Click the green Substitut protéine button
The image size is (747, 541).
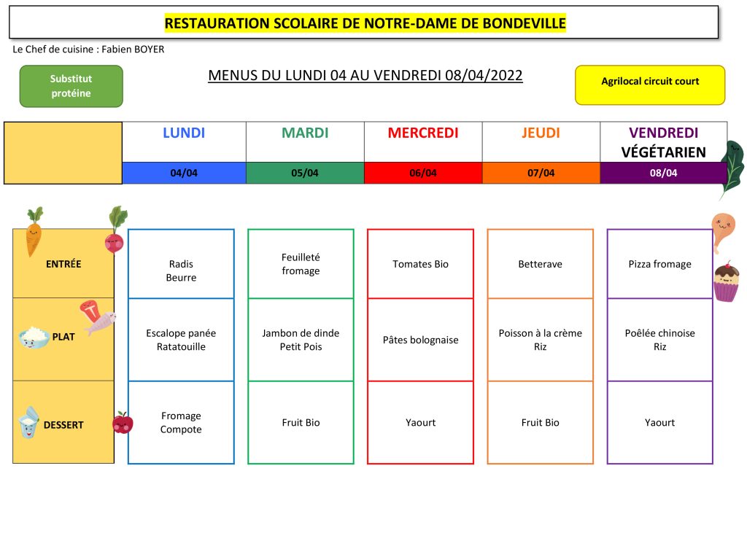(x=71, y=86)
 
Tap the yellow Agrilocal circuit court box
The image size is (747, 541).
(x=650, y=85)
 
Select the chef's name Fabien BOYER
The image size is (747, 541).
(x=133, y=50)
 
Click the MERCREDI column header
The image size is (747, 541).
(x=423, y=133)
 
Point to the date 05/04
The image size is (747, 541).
(x=305, y=173)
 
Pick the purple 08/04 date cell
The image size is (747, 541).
(x=663, y=173)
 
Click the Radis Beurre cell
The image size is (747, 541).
(x=181, y=264)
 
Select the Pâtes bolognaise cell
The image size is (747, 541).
(x=420, y=340)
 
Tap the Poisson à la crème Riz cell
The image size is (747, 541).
(x=541, y=340)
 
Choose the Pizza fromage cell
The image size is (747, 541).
(x=659, y=264)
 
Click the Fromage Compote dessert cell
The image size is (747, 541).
(x=181, y=422)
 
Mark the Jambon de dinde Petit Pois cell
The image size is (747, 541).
(x=301, y=340)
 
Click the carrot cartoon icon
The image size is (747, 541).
(x=34, y=232)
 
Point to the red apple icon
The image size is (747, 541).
(x=123, y=422)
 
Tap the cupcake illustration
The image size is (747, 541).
(x=726, y=281)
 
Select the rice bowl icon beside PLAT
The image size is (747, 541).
(x=34, y=337)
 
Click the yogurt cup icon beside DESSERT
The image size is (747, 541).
(x=28, y=422)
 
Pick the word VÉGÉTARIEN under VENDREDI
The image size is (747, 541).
(x=663, y=152)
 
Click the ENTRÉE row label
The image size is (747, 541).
(x=63, y=264)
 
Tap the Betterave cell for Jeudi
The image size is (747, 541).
(x=541, y=264)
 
